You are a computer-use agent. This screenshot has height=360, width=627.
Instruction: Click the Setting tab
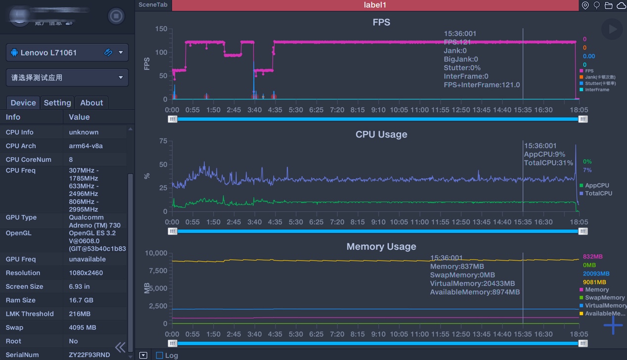(57, 103)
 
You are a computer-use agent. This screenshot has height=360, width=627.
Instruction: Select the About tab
(91, 103)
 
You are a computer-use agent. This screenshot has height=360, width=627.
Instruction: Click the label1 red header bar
(375, 5)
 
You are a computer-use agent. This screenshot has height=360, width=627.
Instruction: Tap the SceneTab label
(153, 5)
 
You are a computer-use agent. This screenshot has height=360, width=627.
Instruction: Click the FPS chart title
(381, 22)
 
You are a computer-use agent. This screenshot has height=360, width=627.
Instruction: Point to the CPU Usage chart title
(381, 135)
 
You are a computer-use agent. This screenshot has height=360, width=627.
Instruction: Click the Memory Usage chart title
(381, 247)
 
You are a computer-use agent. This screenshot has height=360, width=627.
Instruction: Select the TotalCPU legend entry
(598, 193)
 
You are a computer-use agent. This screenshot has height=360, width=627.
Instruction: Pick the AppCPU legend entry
(597, 185)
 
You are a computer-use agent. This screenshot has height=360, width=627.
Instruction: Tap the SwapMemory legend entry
(604, 298)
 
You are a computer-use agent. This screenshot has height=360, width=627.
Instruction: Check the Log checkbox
(159, 355)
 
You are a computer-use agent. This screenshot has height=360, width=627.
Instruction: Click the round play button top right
(612, 29)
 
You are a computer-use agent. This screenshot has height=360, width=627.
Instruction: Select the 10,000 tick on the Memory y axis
(156, 253)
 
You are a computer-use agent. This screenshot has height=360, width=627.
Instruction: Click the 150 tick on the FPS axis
(161, 29)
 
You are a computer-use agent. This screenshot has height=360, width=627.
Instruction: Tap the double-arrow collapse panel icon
(120, 347)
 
